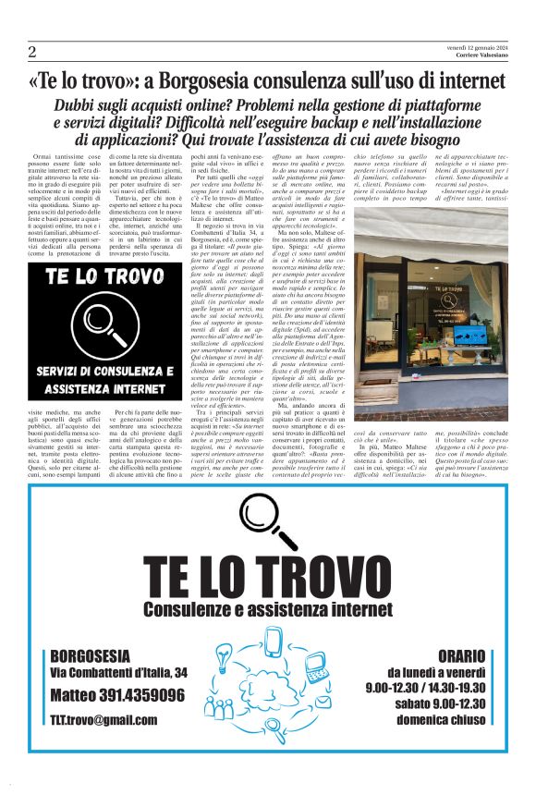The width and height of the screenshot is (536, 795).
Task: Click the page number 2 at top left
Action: point(31,52)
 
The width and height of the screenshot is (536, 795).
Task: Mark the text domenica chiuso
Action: point(430,718)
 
